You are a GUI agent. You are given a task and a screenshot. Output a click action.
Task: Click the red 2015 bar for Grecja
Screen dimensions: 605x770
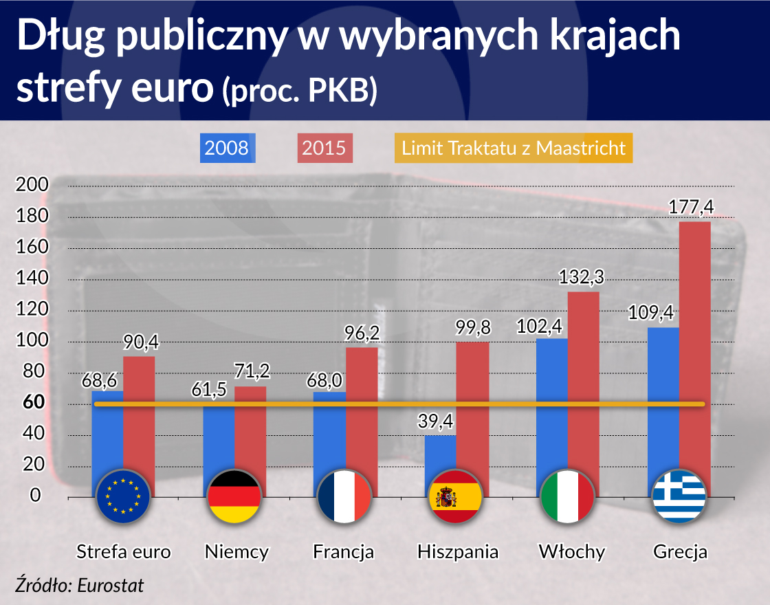(x=694, y=344)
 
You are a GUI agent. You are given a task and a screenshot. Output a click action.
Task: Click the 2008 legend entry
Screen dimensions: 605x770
(x=227, y=148)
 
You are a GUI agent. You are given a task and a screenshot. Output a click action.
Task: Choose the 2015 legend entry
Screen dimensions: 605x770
(x=324, y=148)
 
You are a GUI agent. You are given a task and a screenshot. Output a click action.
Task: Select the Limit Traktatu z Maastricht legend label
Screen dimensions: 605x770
(x=513, y=148)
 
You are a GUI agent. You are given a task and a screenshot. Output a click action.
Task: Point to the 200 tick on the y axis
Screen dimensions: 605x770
(x=31, y=185)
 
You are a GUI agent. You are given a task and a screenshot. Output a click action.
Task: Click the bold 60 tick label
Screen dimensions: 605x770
(x=32, y=403)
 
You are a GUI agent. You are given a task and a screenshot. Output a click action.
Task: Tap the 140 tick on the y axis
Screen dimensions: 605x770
(x=31, y=278)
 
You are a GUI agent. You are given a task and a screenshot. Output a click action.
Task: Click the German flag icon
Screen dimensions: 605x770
(x=234, y=496)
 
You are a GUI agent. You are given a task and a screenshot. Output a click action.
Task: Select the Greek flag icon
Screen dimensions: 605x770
(x=679, y=496)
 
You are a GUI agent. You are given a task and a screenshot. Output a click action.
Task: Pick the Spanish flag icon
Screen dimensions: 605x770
(x=456, y=496)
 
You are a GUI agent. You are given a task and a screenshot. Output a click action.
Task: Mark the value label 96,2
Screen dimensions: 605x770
(x=361, y=333)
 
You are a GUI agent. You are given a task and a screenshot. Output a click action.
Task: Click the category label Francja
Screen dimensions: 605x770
(x=344, y=551)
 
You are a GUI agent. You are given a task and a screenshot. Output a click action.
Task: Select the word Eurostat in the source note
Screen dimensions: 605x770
(x=110, y=586)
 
